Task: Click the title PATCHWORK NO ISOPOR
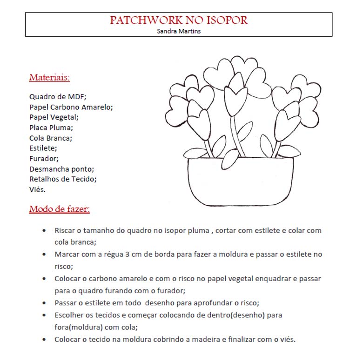coord(179,20)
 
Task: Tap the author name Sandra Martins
coord(179,31)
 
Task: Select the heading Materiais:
coord(49,77)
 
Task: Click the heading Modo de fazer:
coord(59,209)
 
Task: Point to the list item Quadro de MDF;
coord(58,97)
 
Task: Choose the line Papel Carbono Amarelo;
coord(71,107)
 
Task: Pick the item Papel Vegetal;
coord(54,117)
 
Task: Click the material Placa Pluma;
coord(51,128)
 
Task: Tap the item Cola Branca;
coord(50,138)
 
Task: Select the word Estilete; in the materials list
coord(43,148)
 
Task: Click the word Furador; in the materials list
coord(44,159)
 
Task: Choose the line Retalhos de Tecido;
coord(63,179)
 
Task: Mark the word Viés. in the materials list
coord(37,189)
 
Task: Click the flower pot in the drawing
coord(240,181)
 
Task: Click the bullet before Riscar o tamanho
coord(44,230)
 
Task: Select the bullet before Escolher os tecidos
coord(44,315)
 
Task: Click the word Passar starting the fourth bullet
coord(66,303)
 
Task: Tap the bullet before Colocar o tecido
coord(44,339)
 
